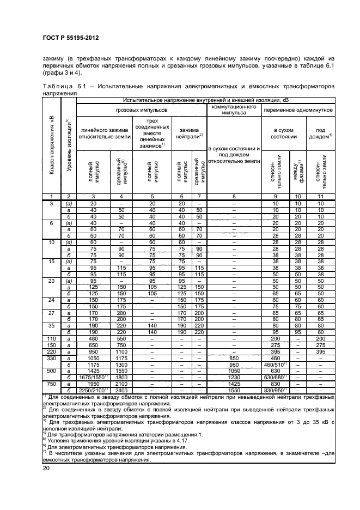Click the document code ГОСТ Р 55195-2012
pyautogui.click(x=67, y=39)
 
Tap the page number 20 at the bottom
pyautogui.click(x=47, y=468)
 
